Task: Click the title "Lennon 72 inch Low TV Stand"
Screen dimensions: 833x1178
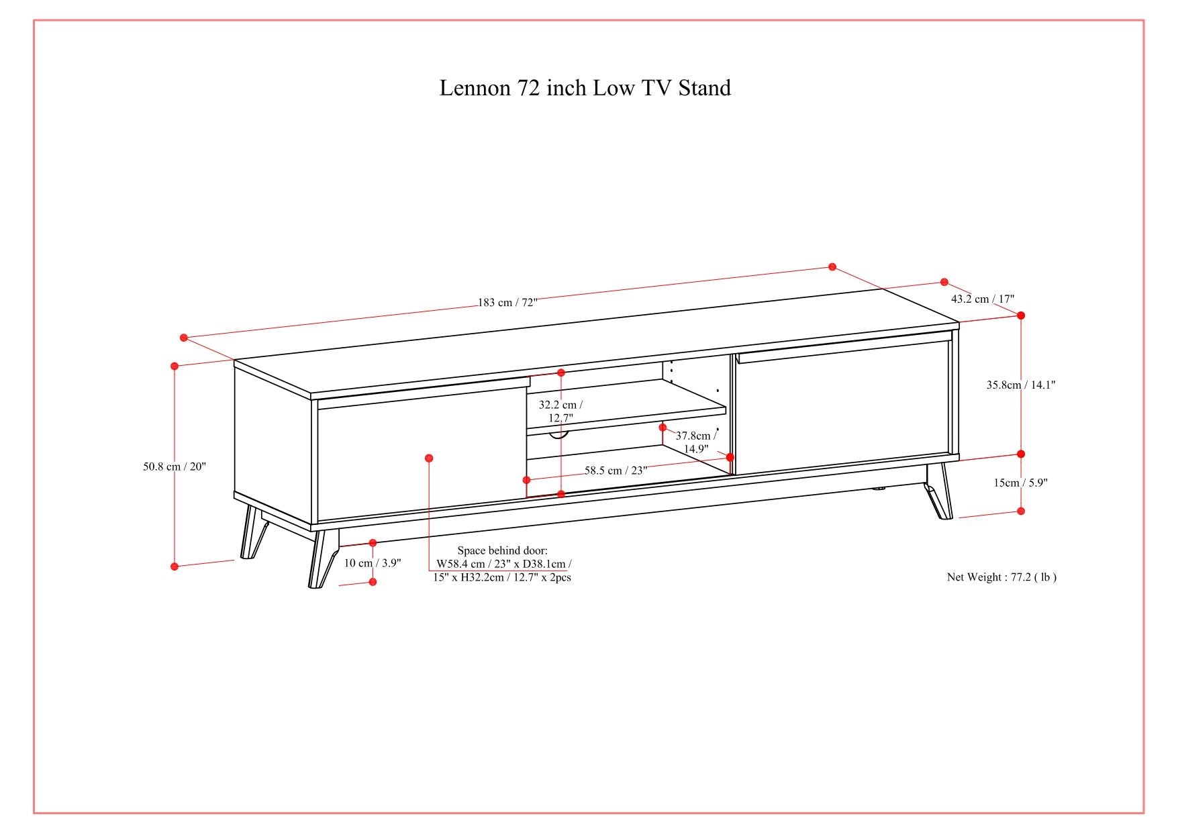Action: point(585,88)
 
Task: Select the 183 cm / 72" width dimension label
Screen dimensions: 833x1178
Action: point(508,302)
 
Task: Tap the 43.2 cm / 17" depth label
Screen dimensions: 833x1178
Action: point(982,299)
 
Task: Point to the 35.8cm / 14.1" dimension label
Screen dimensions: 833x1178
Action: point(1020,385)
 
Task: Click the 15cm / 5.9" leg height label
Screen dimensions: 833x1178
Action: point(1020,482)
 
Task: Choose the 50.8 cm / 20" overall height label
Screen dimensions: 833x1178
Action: point(175,466)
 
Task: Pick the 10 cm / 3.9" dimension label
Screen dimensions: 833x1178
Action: point(373,562)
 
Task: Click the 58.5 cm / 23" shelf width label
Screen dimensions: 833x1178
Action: point(616,470)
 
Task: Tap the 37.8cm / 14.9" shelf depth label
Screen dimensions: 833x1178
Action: point(695,442)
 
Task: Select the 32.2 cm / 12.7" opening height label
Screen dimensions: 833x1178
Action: point(560,411)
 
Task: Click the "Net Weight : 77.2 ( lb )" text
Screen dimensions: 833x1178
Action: point(1001,577)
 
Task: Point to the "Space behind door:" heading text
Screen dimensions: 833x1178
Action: point(502,550)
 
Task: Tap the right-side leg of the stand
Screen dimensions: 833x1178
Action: point(940,493)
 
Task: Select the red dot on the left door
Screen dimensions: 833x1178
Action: point(429,458)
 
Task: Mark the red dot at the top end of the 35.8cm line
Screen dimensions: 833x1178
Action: point(1021,315)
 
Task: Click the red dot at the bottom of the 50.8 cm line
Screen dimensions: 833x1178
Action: point(175,567)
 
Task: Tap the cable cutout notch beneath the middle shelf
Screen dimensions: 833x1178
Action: point(558,436)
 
